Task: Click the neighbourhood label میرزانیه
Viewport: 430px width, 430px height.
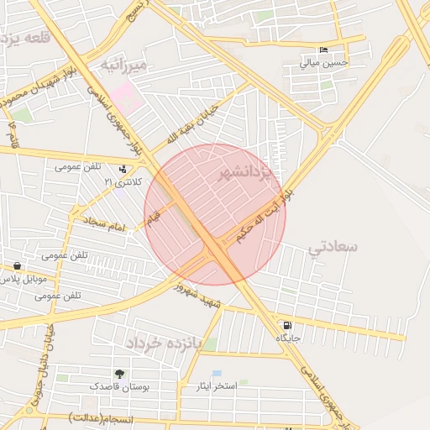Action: (x=123, y=65)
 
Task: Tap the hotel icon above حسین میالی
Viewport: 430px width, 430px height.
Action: (x=324, y=50)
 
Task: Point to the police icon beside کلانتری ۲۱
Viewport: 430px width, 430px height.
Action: (x=123, y=169)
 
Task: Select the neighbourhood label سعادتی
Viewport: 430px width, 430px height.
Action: (x=333, y=247)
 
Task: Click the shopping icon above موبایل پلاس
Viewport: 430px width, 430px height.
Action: (x=18, y=265)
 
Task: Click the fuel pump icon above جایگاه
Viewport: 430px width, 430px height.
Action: (x=288, y=325)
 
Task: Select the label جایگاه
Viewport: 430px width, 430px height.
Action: (x=288, y=338)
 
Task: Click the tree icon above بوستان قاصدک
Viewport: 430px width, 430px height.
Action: (x=119, y=373)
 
